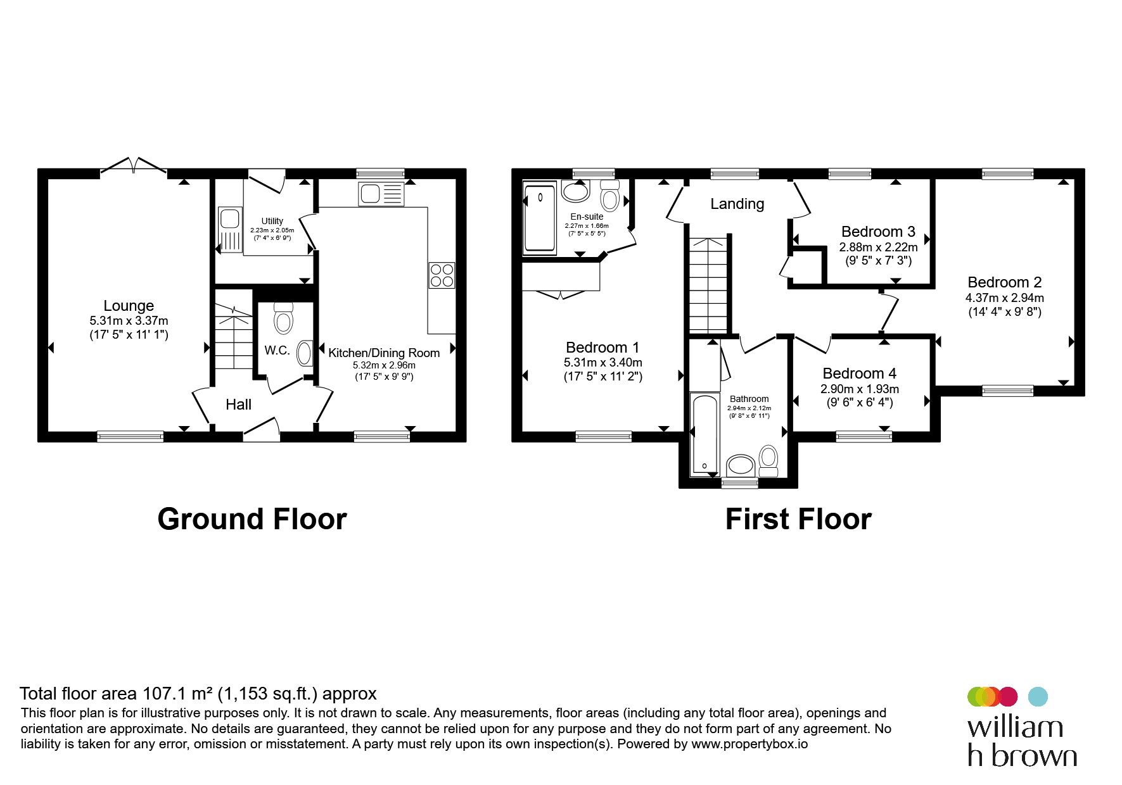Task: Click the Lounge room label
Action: click(x=129, y=306)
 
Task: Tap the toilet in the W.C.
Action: click(x=283, y=318)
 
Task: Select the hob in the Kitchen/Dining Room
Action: click(x=442, y=275)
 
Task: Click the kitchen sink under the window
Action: click(x=381, y=194)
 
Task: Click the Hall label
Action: click(x=238, y=405)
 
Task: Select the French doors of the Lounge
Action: click(x=134, y=164)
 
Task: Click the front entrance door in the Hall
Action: click(x=262, y=429)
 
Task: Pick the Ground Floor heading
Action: click(x=252, y=519)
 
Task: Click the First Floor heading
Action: click(x=798, y=519)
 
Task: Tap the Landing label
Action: click(x=737, y=204)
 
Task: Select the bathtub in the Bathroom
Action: click(x=704, y=434)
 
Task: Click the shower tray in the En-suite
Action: click(x=540, y=217)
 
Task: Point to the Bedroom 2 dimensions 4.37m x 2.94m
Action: click(x=1004, y=298)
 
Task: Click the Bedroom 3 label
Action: click(x=878, y=232)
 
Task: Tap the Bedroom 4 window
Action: click(x=864, y=436)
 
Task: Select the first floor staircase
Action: click(x=708, y=286)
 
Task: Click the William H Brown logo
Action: click(x=1021, y=727)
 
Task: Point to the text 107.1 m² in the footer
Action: click(x=178, y=694)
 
